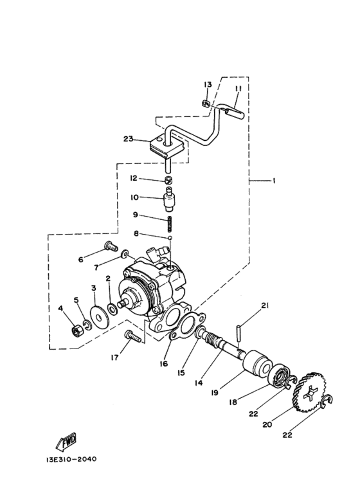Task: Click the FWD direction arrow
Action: click(66, 442)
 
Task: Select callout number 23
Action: click(129, 139)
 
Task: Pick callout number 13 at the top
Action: click(208, 86)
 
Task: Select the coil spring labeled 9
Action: click(170, 225)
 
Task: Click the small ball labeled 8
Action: click(170, 239)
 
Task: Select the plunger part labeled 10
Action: click(170, 196)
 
